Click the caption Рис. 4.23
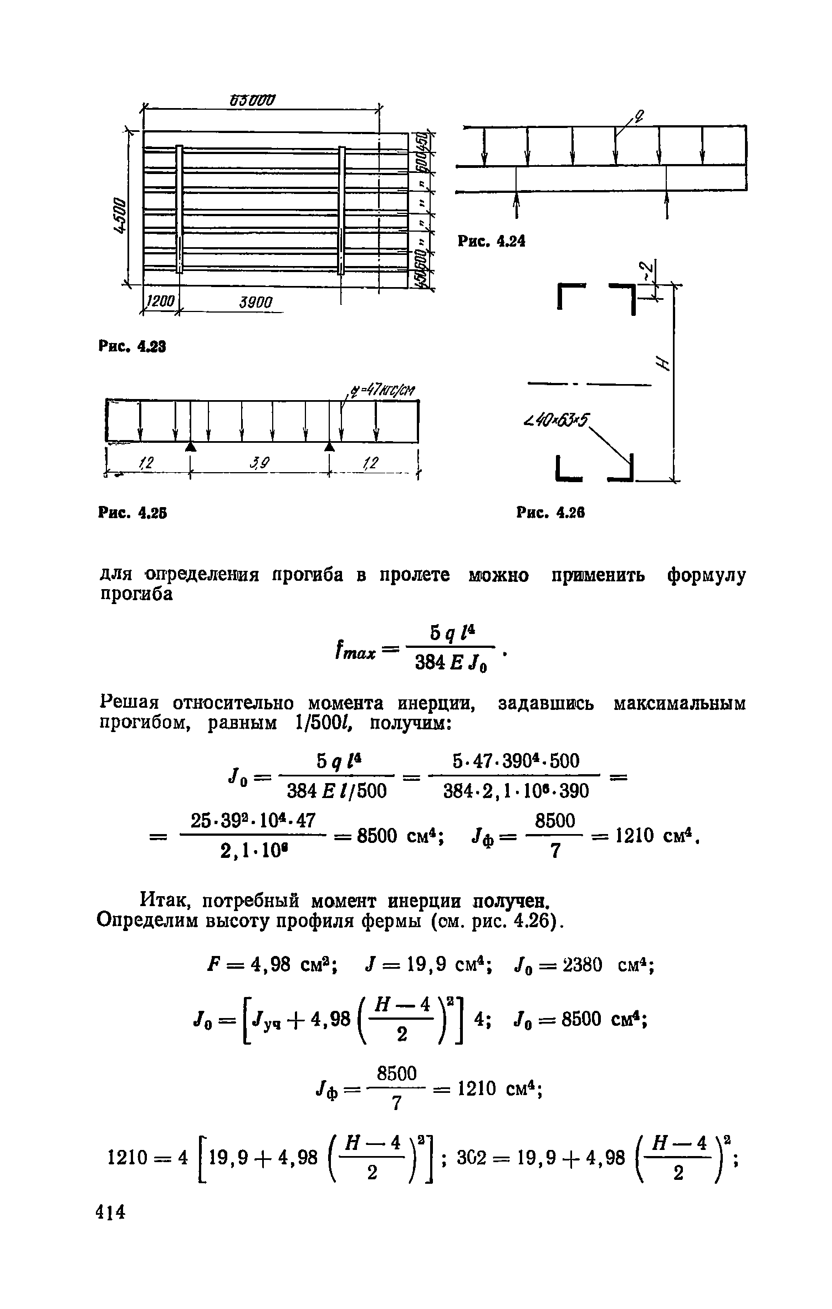[132, 347]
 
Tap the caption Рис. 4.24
[491, 242]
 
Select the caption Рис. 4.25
[132, 514]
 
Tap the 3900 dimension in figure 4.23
[256, 303]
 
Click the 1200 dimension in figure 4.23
[160, 302]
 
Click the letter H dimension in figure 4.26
[660, 363]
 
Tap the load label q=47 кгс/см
[382, 391]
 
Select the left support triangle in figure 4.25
[190, 446]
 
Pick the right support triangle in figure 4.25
[330, 446]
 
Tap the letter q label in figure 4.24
[639, 116]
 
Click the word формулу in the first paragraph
[707, 576]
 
